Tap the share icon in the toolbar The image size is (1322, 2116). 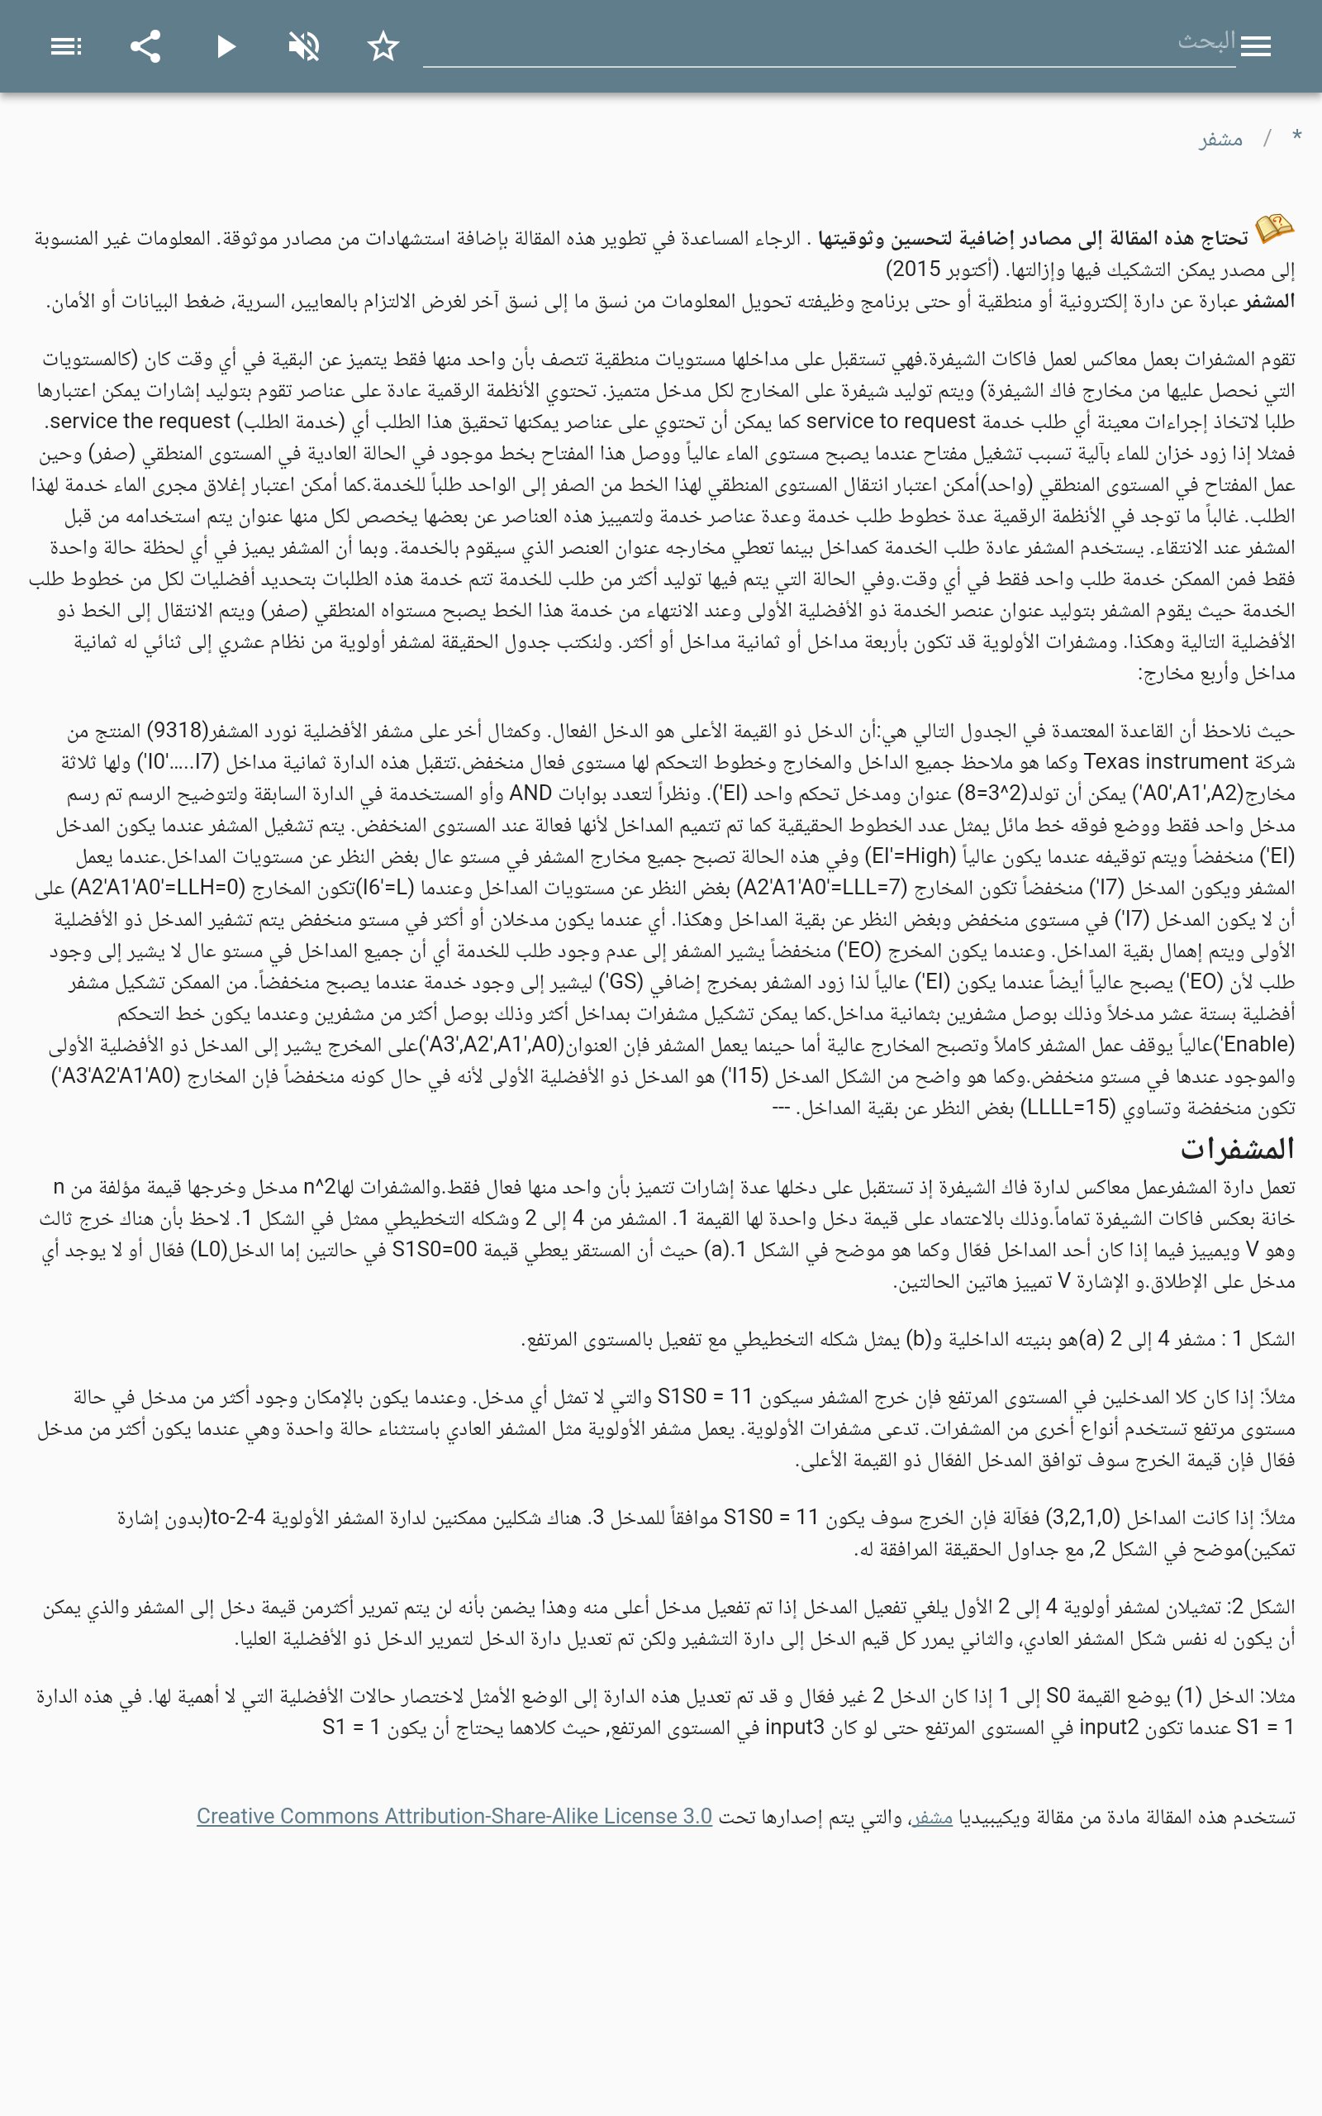point(145,46)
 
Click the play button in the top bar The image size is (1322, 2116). point(226,46)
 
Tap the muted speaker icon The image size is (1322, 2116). point(303,46)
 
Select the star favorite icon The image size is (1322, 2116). point(383,46)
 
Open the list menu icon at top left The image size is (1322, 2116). point(65,46)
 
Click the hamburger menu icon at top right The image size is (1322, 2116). point(1256,46)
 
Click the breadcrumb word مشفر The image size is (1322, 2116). point(1220,139)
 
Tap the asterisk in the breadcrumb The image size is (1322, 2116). point(1296,136)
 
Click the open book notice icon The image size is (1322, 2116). point(1275,229)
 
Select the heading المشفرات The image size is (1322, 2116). point(1237,1148)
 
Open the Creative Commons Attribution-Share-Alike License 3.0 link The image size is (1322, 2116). point(454,1816)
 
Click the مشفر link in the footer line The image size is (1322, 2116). point(931,1817)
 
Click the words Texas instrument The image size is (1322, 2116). point(1166,761)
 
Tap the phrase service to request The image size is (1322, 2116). point(890,422)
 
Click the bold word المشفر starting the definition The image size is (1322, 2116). point(1270,302)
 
